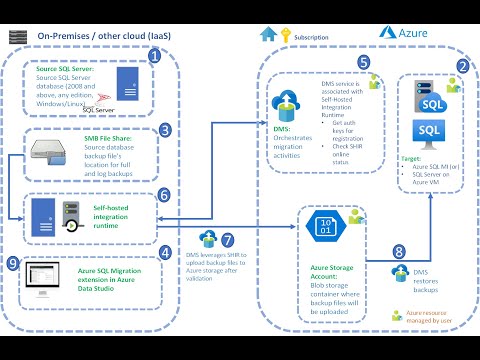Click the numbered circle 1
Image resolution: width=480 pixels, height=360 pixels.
click(x=154, y=56)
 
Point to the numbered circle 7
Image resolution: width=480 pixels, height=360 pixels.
click(x=228, y=240)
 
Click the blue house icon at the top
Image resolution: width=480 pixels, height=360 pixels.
click(x=268, y=33)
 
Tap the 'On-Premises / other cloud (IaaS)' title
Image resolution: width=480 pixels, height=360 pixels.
click(x=105, y=35)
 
